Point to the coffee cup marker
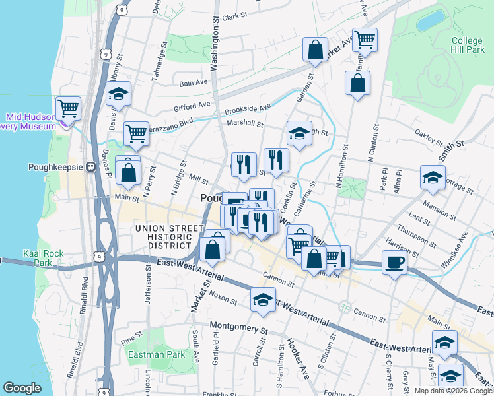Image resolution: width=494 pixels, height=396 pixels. [395, 262]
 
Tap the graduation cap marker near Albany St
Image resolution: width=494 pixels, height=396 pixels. [119, 95]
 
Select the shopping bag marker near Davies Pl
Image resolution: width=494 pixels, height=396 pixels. [129, 174]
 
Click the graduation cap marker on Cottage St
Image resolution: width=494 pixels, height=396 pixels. [433, 177]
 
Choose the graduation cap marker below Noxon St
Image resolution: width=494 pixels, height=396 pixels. [263, 300]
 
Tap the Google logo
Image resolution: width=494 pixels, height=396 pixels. [22, 388]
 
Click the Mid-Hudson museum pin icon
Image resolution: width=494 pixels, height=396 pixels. [64, 121]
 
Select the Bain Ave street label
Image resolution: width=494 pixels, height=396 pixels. [194, 82]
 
